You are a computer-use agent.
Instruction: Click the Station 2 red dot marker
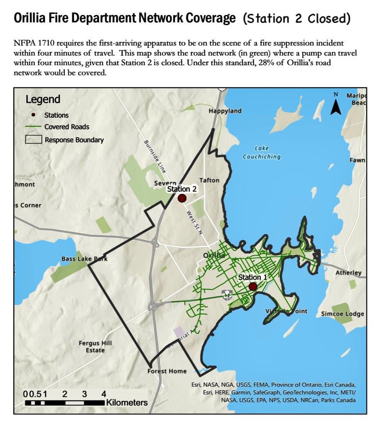click(x=182, y=198)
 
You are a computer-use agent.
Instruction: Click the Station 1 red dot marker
click(x=253, y=286)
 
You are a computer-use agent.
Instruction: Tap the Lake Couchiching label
click(x=261, y=153)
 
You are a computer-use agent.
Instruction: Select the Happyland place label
click(x=225, y=111)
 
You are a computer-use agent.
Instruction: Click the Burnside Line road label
click(x=154, y=156)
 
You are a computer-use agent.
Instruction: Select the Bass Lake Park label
click(x=84, y=259)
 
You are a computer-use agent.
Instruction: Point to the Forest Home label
click(x=167, y=371)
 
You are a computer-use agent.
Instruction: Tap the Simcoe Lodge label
click(x=343, y=314)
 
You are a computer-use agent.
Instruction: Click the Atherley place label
click(x=348, y=273)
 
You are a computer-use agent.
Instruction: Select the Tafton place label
click(x=209, y=180)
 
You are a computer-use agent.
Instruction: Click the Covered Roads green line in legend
click(x=34, y=127)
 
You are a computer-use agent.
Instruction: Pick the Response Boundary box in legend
click(x=34, y=140)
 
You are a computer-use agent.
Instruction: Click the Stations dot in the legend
click(x=34, y=115)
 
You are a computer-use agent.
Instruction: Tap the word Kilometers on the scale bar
click(x=127, y=403)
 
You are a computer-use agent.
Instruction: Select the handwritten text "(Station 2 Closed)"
click(x=297, y=19)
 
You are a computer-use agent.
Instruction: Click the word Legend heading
click(x=43, y=99)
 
